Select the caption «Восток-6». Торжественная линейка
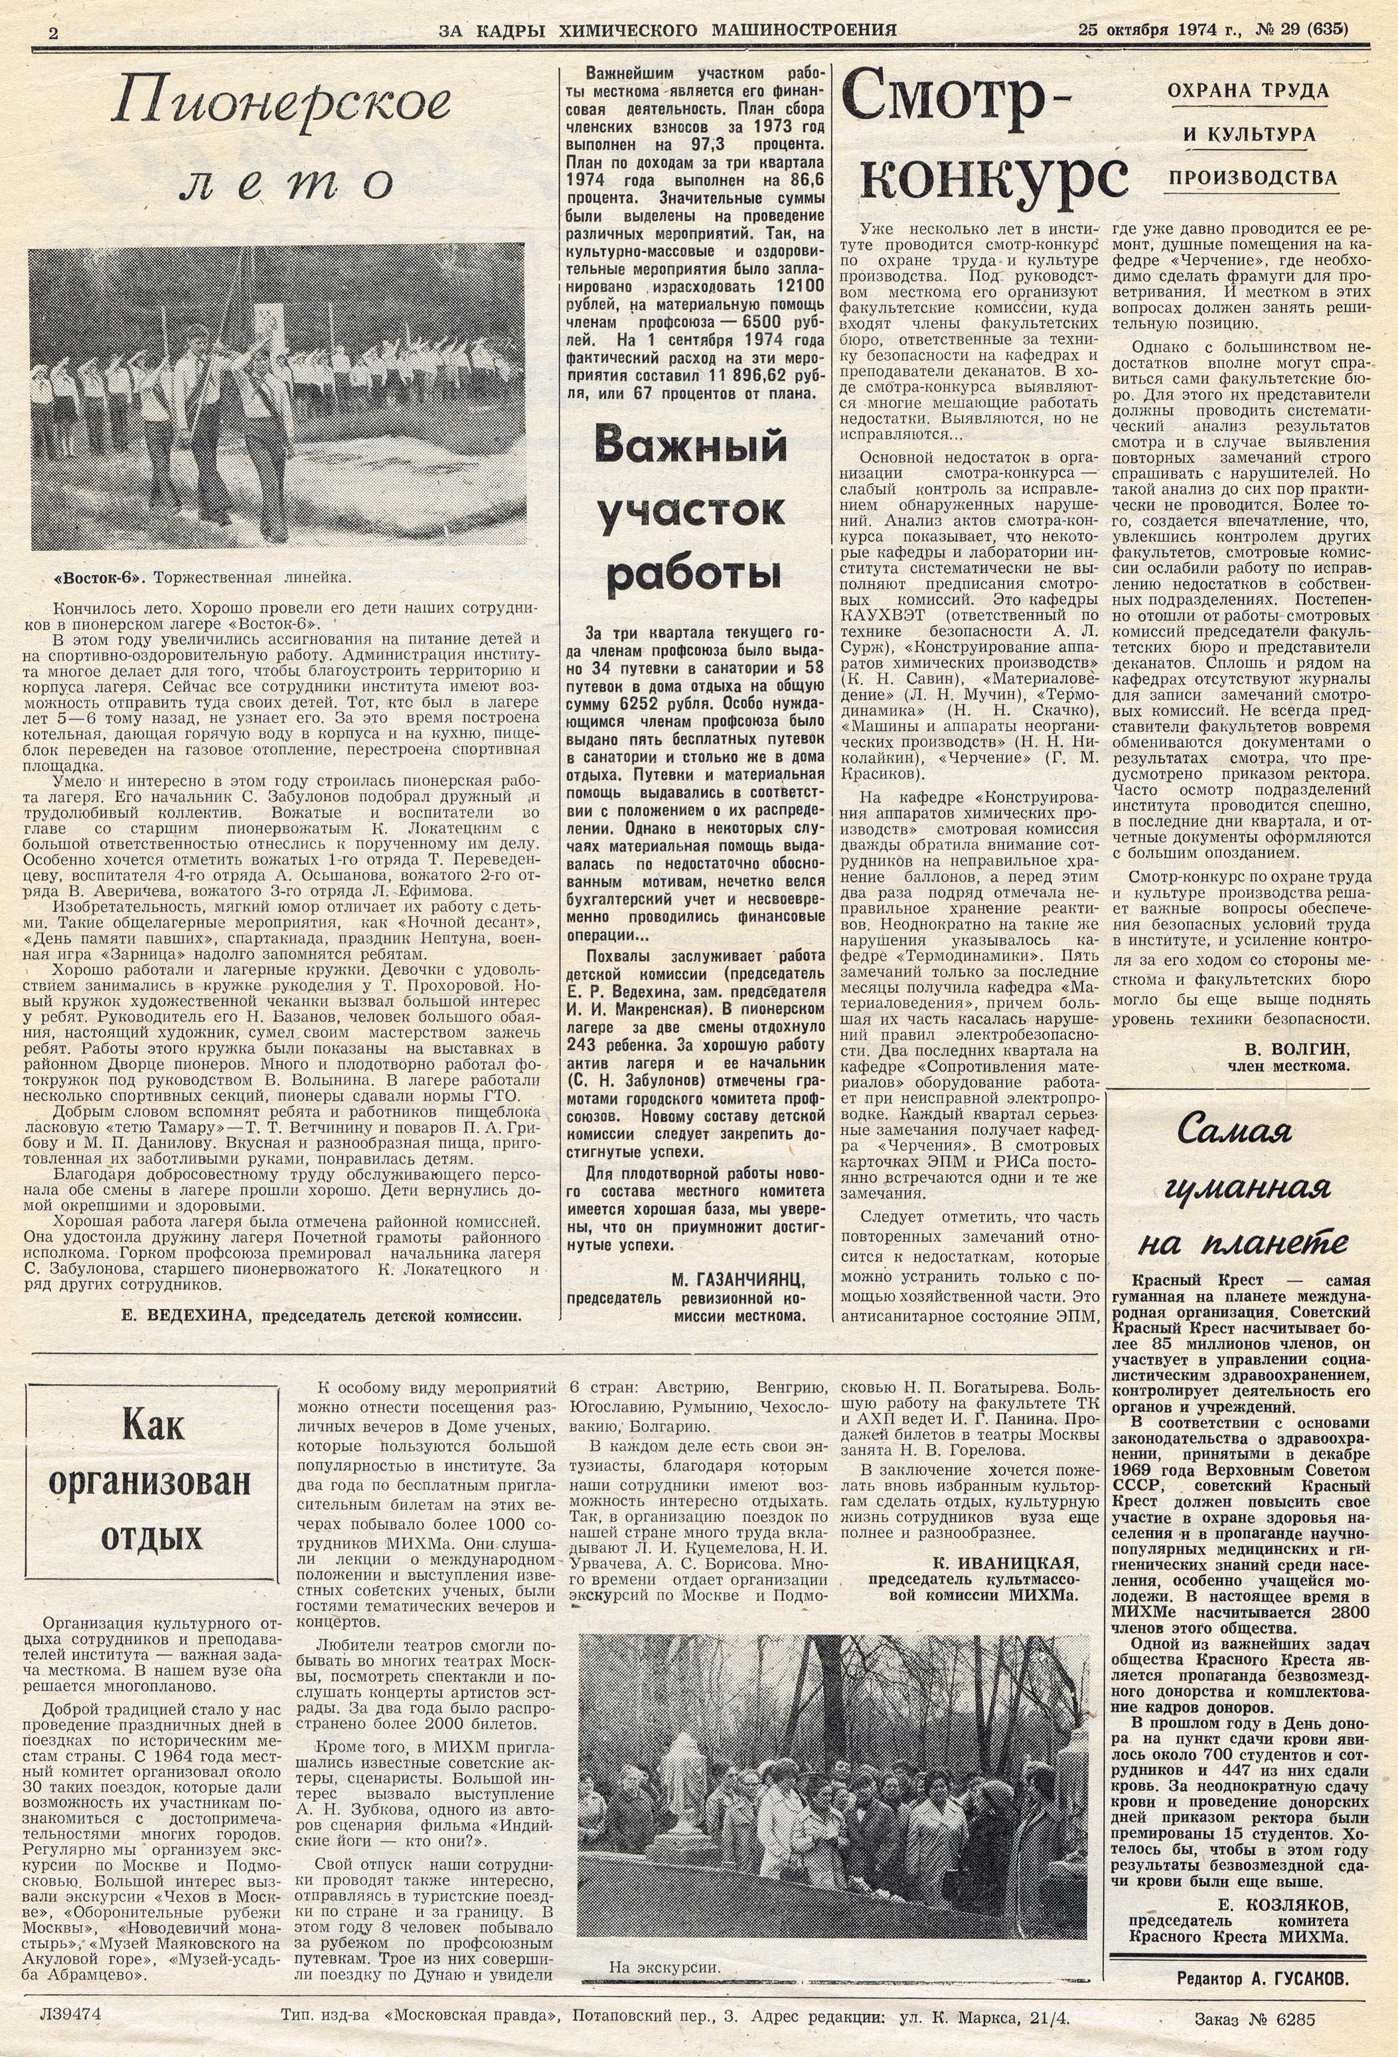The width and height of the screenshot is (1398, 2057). [204, 577]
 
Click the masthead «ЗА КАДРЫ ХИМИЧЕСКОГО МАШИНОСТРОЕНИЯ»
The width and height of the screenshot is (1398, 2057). [666, 30]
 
